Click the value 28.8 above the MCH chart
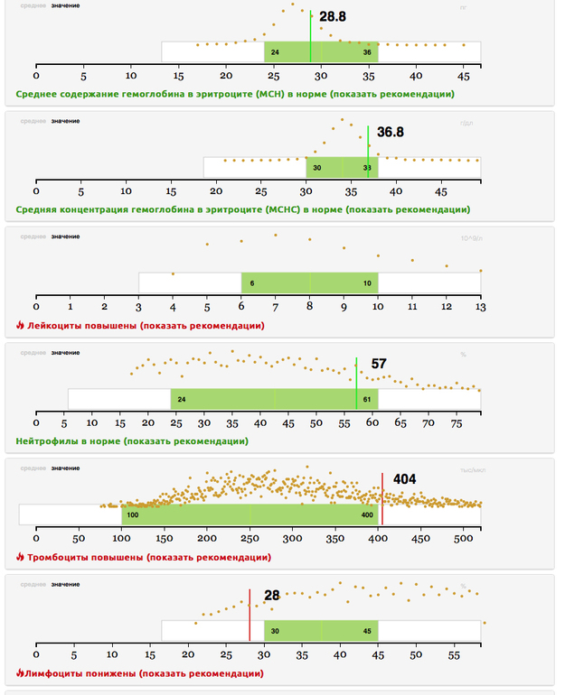coord(333,17)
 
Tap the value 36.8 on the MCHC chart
coord(390,133)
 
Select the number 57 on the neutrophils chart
coord(379,364)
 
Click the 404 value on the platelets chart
coord(404,479)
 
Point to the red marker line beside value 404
coord(382,498)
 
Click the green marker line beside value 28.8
coord(310,36)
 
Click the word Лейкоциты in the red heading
coord(55,325)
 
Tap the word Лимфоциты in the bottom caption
coord(52,673)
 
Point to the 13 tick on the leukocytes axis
coord(481,308)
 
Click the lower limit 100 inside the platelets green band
coord(133,514)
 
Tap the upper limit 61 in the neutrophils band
coord(366,399)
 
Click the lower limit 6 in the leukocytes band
coord(252,283)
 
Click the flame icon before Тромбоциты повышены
coord(20,557)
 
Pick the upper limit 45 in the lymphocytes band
coord(366,631)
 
